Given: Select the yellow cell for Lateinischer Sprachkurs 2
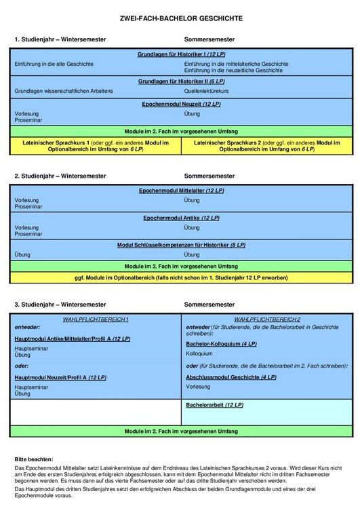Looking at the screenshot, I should click(x=268, y=146).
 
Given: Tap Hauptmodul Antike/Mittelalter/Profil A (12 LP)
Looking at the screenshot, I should click(x=72, y=338).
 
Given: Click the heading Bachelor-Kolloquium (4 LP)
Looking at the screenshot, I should click(x=221, y=344).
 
